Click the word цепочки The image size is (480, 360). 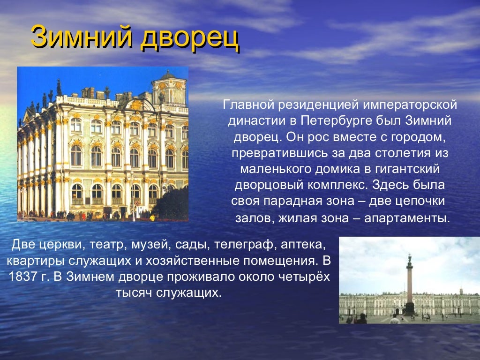click(x=420, y=202)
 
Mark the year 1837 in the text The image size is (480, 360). click(x=22, y=277)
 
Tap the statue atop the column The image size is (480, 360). click(x=409, y=257)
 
